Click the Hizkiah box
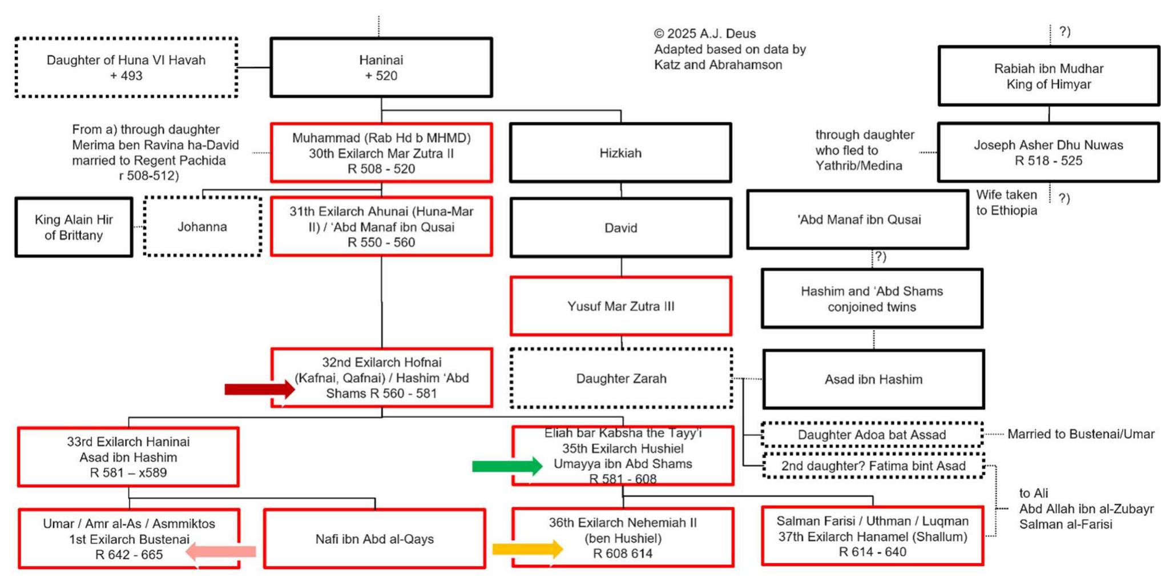620,153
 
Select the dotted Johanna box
202,227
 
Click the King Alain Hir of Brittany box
74,227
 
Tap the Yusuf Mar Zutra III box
620,306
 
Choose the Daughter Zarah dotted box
621,378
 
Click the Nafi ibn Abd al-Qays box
374,539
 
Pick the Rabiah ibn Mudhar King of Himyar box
1048,76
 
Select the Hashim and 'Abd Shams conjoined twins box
872,299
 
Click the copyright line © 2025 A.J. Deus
704,34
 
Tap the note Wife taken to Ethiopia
1006,203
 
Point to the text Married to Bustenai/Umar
1080,434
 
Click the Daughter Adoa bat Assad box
872,435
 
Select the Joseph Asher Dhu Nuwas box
1048,153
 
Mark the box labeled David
620,228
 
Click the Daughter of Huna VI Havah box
126,67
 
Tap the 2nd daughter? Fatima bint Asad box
873,466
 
